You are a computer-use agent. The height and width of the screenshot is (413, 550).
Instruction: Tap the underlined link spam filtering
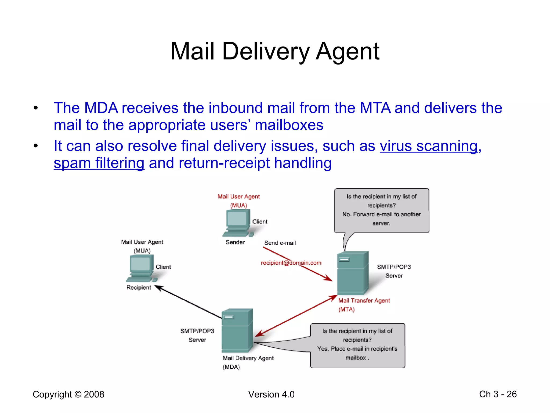[99, 163]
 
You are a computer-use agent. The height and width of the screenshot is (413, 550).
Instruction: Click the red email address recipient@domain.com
[291, 263]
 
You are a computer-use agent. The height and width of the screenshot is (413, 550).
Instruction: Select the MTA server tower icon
[352, 273]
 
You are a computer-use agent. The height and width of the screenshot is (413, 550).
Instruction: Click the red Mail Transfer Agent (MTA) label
[364, 305]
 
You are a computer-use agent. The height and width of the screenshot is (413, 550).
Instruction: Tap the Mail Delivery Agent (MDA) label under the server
[248, 362]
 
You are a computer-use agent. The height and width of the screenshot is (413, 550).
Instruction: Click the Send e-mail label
[280, 243]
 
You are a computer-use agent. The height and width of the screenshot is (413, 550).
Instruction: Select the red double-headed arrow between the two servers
[295, 316]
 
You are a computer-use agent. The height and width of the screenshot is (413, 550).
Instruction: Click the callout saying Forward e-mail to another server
[381, 210]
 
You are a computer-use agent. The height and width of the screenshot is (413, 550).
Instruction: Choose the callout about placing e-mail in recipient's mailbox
[357, 345]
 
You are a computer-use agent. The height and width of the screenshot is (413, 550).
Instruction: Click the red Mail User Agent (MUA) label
[238, 201]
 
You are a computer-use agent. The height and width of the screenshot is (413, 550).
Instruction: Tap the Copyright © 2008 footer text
[68, 394]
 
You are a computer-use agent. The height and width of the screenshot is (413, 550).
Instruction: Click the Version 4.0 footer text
[271, 394]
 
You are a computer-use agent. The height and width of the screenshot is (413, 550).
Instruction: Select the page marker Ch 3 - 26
[498, 394]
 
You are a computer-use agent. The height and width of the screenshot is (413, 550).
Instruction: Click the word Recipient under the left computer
[139, 287]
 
